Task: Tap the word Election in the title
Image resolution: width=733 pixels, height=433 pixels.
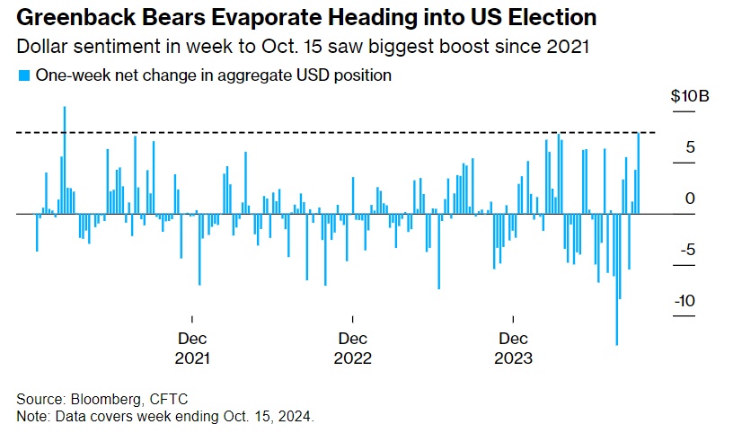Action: [x=543, y=18]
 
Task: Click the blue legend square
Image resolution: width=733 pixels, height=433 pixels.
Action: [x=23, y=76]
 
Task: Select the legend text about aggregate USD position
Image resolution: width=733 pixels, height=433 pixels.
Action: [x=214, y=76]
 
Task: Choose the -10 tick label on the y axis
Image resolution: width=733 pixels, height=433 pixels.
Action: [x=685, y=302]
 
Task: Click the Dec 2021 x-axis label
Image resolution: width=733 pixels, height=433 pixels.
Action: [x=192, y=349]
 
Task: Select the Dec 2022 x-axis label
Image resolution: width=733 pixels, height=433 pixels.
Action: [x=352, y=349]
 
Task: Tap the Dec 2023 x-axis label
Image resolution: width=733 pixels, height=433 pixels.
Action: [x=513, y=349]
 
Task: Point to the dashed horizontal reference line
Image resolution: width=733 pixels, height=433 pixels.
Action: [x=359, y=133]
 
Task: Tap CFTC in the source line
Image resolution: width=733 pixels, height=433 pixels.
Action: [x=167, y=399]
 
